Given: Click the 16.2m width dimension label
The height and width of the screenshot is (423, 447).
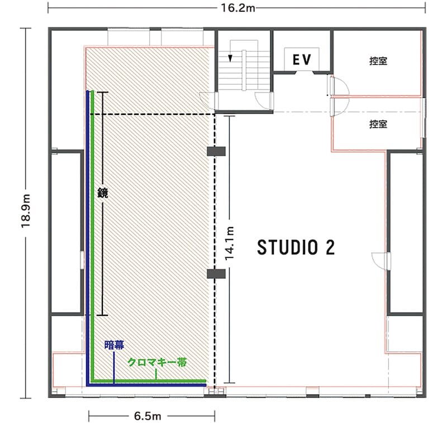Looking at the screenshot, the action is [x=238, y=8].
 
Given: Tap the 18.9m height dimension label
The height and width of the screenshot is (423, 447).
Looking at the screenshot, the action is [x=26, y=210].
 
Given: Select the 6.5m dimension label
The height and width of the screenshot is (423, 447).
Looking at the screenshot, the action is [x=148, y=416].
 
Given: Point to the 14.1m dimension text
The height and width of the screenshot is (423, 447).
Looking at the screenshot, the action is [x=230, y=243].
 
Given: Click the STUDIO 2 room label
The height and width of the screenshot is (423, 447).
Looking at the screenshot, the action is [x=296, y=247].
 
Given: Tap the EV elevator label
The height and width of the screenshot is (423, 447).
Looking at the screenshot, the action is [x=302, y=60].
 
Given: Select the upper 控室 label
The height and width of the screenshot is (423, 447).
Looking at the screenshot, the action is [x=378, y=61].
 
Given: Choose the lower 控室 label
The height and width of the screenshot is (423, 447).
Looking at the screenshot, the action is [x=378, y=124].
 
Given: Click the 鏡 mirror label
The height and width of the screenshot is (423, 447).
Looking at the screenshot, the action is [x=103, y=193].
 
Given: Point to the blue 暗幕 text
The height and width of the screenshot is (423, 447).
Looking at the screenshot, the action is [x=115, y=345].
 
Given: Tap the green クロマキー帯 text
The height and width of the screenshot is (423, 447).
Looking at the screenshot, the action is [x=157, y=362].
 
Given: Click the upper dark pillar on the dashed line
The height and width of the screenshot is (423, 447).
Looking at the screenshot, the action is [x=216, y=151].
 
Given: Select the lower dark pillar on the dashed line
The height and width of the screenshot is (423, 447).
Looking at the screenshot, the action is [x=216, y=273].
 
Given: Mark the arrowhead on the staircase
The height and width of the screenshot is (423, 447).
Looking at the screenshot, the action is [x=230, y=58].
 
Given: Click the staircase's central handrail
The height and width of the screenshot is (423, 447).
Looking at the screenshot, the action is [x=244, y=70].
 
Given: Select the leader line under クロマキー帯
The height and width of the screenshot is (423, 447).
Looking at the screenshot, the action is [x=156, y=374].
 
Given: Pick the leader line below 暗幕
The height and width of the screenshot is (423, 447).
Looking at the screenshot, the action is [x=114, y=368].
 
